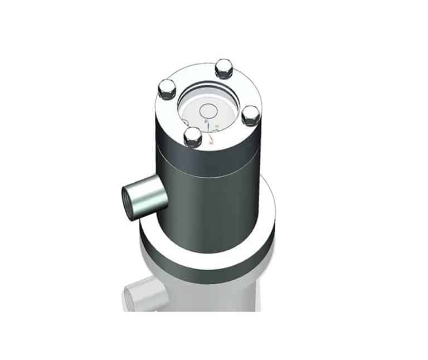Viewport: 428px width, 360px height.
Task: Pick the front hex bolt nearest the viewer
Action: coord(192,135)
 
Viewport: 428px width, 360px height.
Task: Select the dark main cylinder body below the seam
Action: coord(212,212)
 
